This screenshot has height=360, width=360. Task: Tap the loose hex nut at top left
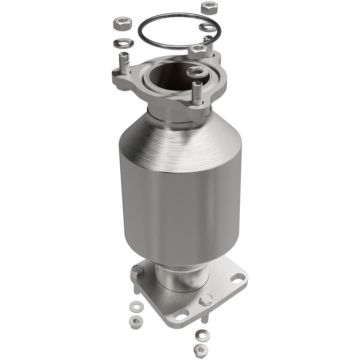tap(123, 23)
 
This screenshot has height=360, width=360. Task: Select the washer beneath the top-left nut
tap(123, 43)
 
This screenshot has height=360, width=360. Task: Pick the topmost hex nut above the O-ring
tap(209, 8)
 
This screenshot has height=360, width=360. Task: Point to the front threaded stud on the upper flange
tap(197, 93)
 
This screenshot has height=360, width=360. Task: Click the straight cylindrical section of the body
tap(180, 213)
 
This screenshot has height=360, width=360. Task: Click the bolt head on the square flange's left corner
tap(137, 271)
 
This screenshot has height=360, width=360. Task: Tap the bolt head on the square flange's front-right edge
tap(206, 300)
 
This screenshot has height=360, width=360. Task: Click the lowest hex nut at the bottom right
tap(201, 349)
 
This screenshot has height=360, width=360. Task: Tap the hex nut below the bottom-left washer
tap(136, 322)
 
